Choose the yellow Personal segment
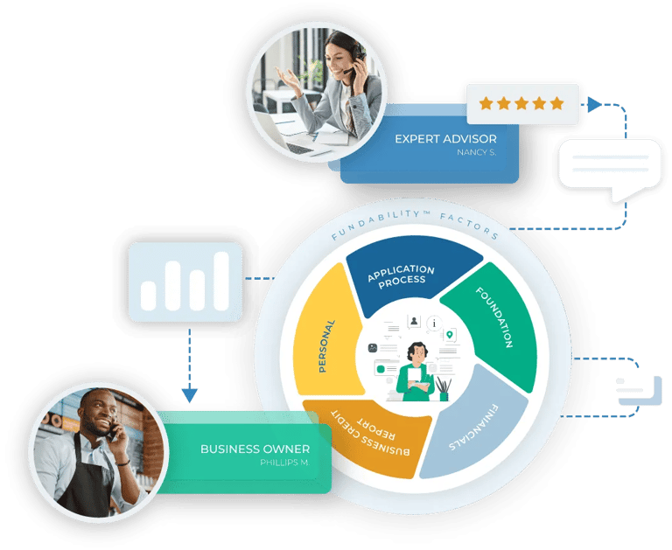(325, 332)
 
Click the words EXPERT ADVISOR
(445, 138)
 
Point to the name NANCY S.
(476, 152)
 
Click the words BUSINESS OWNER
(255, 449)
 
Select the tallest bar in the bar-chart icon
(221, 281)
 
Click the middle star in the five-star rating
(521, 103)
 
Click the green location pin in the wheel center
(450, 335)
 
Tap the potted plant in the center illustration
(444, 387)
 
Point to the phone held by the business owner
(112, 430)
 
